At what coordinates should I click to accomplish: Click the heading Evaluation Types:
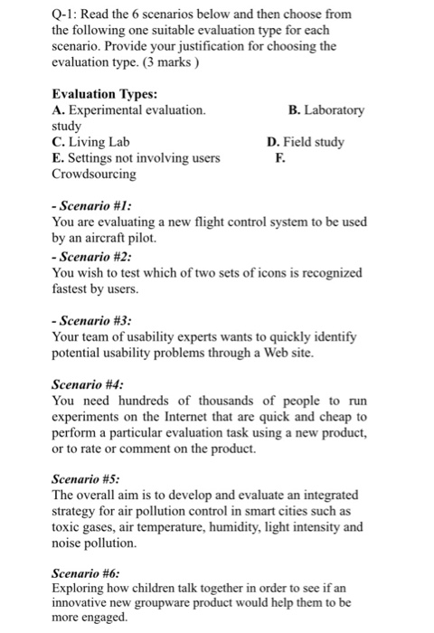coord(104,94)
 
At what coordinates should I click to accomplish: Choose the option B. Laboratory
coord(325,110)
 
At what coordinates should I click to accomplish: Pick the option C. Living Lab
coord(91,142)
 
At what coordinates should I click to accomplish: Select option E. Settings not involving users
coord(136,158)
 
